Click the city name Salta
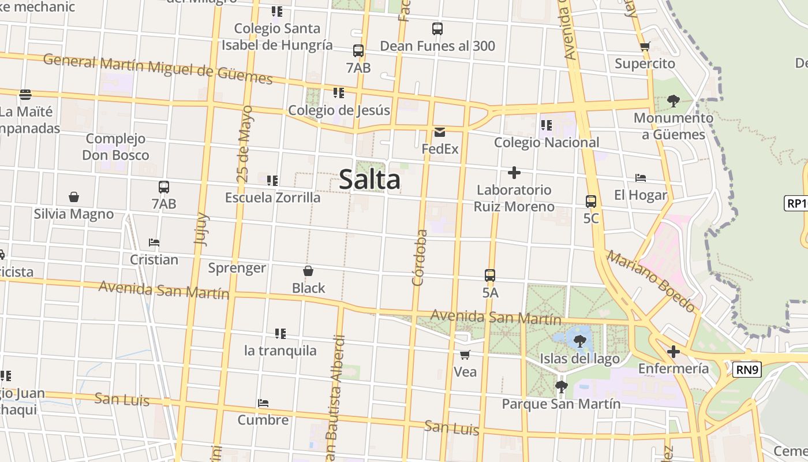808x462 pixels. point(369,179)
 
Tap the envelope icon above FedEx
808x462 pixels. point(440,132)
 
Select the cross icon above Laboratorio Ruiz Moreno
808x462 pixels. point(514,173)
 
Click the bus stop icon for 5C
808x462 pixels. point(591,202)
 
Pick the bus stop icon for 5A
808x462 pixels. point(490,275)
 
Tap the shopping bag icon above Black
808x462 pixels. point(308,271)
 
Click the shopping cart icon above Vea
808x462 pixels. point(465,355)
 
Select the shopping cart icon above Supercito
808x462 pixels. point(645,47)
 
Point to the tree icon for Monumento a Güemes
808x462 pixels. point(673,101)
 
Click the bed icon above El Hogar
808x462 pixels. point(640,178)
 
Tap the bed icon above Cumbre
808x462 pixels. point(263,403)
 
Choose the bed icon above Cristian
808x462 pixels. point(154,243)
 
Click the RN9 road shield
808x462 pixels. point(747,370)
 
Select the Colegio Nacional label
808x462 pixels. point(547,142)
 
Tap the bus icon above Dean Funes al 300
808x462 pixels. point(437,29)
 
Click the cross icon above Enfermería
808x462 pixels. point(673,351)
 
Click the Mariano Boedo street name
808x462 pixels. point(651,281)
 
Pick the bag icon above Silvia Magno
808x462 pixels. point(74,197)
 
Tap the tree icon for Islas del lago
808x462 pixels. point(580,341)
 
